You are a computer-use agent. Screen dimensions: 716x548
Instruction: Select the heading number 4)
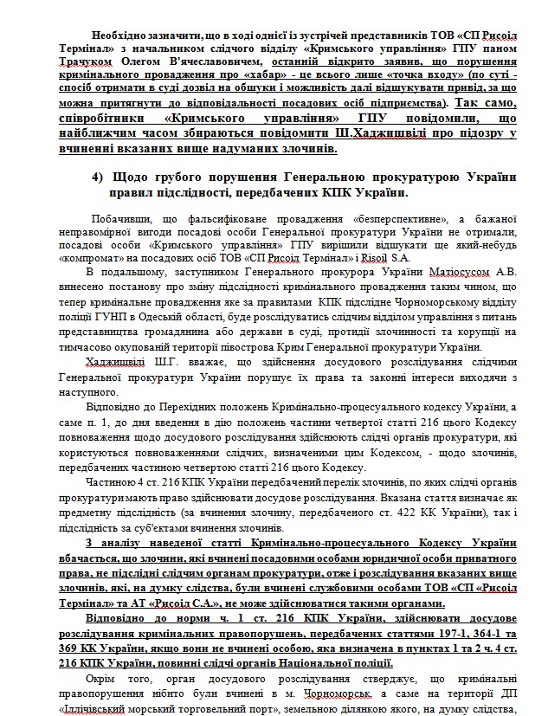[99, 177]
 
